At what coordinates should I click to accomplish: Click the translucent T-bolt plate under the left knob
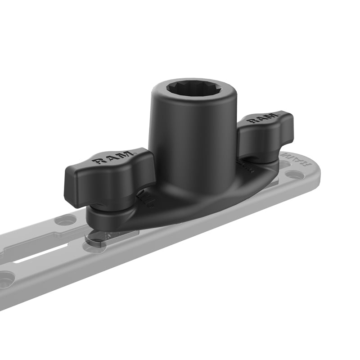[x=101, y=236]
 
